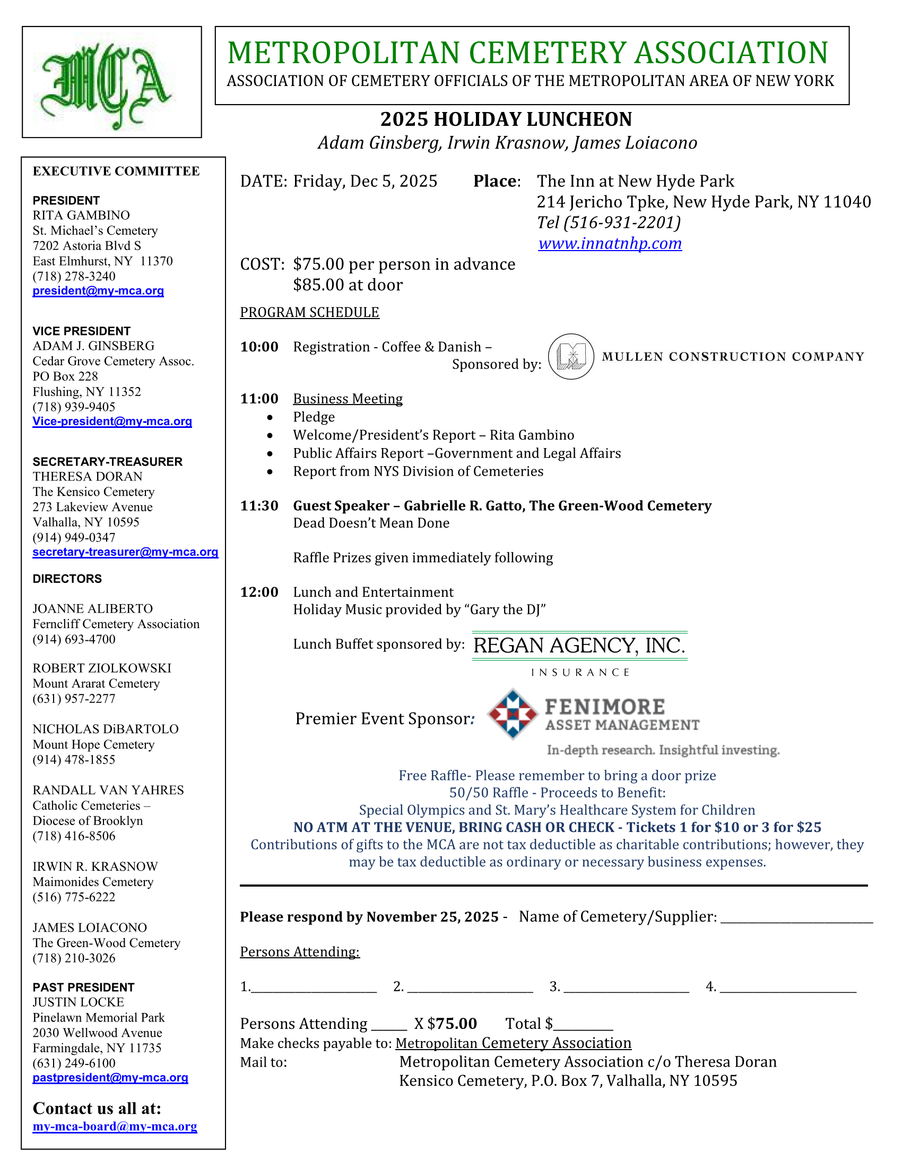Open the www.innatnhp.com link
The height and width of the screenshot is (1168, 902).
(610, 244)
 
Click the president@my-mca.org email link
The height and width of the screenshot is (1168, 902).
(98, 291)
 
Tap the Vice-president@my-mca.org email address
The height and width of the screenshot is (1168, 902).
(112, 422)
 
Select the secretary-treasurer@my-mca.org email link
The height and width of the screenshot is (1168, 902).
(126, 552)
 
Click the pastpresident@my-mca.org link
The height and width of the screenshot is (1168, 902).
(110, 1078)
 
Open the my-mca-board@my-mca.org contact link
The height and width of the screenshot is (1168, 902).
(115, 1127)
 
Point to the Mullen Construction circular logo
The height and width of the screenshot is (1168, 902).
(571, 357)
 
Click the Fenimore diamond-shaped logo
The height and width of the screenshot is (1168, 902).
(513, 714)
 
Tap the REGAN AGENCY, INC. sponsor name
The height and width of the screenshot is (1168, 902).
(579, 646)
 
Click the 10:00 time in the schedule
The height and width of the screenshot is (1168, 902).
(259, 347)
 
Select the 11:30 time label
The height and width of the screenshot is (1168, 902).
(259, 506)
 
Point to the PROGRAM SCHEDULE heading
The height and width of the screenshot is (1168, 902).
(309, 312)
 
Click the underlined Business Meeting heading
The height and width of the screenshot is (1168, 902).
(348, 399)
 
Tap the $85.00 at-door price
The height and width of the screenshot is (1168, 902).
(348, 285)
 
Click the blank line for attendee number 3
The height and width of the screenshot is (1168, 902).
(626, 987)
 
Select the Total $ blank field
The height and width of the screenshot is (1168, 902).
(584, 1025)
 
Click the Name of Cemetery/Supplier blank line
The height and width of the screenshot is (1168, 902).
(796, 918)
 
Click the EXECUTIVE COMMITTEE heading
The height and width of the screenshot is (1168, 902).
(117, 171)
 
